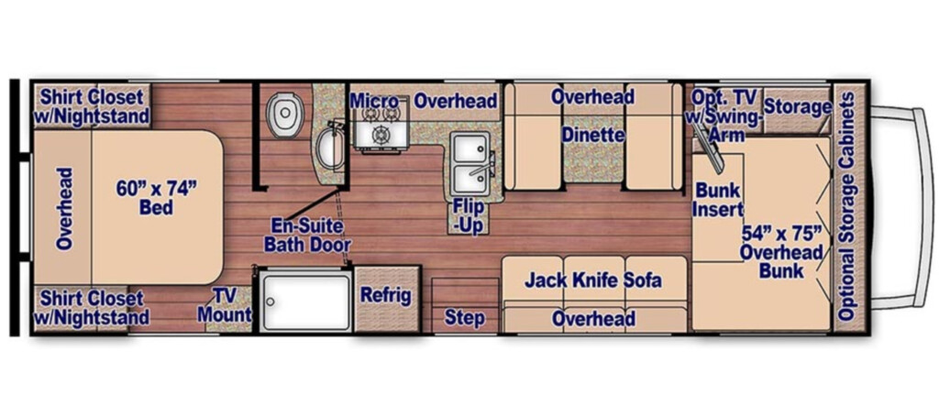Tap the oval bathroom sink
point(327,149)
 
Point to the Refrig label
point(386,295)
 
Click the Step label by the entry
point(465,318)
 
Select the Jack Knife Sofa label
point(593,280)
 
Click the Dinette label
point(593,136)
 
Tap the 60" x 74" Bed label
point(156,198)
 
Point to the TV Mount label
point(225,304)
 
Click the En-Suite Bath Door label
point(307,236)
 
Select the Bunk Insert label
point(719,200)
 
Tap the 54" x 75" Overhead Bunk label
point(781,251)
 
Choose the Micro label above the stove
point(374,100)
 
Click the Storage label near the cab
point(798,108)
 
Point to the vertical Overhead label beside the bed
point(64,208)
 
